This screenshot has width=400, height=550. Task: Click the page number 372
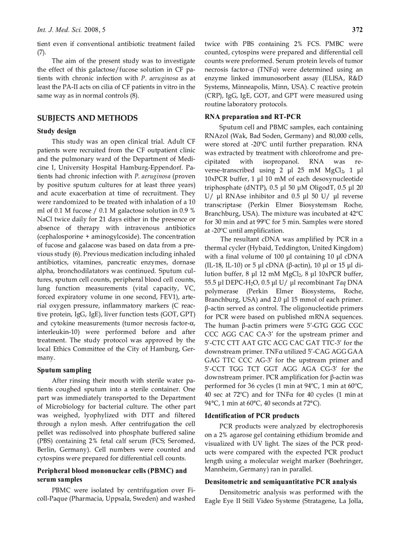click(x=357, y=30)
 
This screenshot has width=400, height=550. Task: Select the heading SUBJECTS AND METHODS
click(x=87, y=118)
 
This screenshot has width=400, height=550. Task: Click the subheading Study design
click(x=56, y=131)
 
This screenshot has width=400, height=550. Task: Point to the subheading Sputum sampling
click(x=64, y=370)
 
